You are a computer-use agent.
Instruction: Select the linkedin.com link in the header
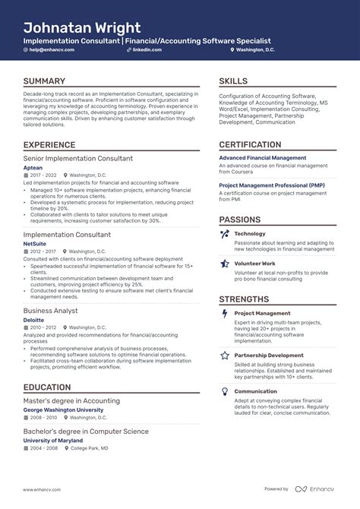click(147, 50)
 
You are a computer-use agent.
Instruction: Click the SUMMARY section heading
click(44, 81)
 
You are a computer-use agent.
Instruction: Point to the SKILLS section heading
click(233, 81)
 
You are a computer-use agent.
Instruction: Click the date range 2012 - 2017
click(43, 251)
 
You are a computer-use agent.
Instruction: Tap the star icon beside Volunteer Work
click(225, 264)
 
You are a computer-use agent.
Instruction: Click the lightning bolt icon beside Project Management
click(225, 313)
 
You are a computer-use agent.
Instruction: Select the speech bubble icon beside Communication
click(225, 391)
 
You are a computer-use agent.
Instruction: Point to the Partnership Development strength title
click(269, 355)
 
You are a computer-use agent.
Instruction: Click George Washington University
click(63, 409)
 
